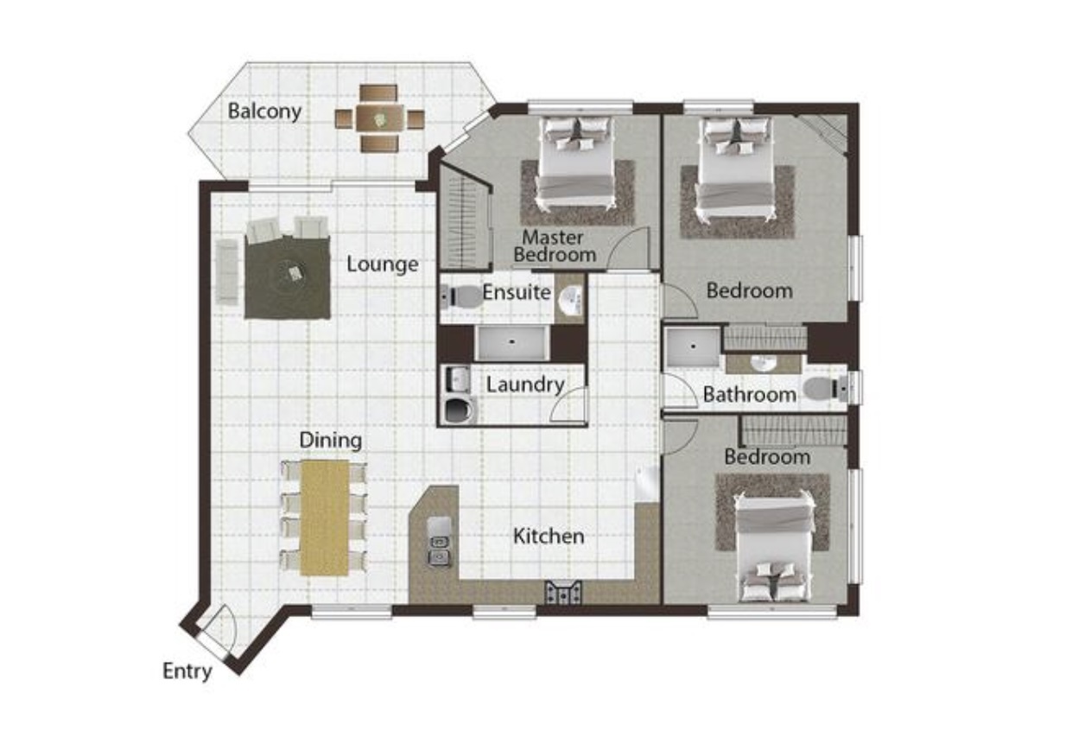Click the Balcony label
264,111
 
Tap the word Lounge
383,264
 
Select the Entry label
187,671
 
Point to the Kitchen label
549,537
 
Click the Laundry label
525,385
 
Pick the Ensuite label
517,292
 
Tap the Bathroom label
750,395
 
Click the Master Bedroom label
555,245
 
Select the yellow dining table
325,518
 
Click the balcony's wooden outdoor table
380,118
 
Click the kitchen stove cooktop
563,593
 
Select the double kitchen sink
439,550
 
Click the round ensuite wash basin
571,301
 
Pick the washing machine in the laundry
459,410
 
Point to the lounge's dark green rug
288,277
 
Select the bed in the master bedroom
577,162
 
